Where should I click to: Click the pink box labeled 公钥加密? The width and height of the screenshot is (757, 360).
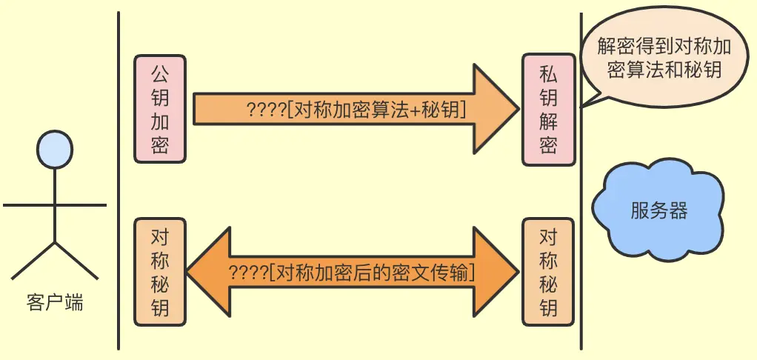(x=159, y=108)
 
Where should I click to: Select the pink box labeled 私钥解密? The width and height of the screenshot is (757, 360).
(x=548, y=108)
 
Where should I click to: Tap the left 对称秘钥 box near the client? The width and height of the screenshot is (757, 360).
(x=159, y=272)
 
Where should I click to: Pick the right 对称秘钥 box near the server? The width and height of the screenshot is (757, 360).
(x=548, y=272)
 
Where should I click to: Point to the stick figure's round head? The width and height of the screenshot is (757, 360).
(x=56, y=148)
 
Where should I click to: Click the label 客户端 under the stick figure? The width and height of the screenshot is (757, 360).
(x=55, y=303)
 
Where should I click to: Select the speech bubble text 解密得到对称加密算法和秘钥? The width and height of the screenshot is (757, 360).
(x=664, y=58)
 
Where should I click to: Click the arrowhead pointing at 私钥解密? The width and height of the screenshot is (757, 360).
(x=496, y=109)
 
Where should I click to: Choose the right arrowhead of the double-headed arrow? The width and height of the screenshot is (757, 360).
(x=496, y=272)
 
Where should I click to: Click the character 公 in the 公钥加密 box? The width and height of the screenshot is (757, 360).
(x=159, y=73)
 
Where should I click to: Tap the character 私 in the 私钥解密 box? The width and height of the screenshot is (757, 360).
(x=548, y=73)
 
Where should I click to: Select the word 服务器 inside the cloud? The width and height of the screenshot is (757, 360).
(x=659, y=211)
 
